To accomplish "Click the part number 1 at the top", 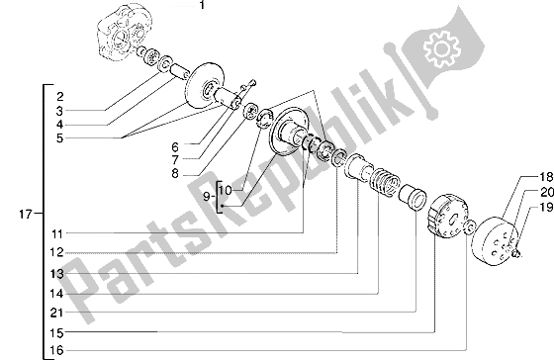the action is (202, 5).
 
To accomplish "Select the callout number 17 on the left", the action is (26, 214).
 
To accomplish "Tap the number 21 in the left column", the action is (56, 313).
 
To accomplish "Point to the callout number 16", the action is (56, 350).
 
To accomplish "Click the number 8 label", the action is (175, 174).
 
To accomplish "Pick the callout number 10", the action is (226, 191).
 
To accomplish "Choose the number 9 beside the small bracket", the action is (207, 197).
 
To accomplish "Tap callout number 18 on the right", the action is (545, 177).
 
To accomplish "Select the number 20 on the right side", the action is (547, 192).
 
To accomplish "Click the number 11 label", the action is (57, 233).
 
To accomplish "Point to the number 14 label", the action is (56, 293).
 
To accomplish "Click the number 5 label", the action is (59, 138).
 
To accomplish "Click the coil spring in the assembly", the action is (385, 181).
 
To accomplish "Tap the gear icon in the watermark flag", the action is (441, 48).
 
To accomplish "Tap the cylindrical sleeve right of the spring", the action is (413, 197).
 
